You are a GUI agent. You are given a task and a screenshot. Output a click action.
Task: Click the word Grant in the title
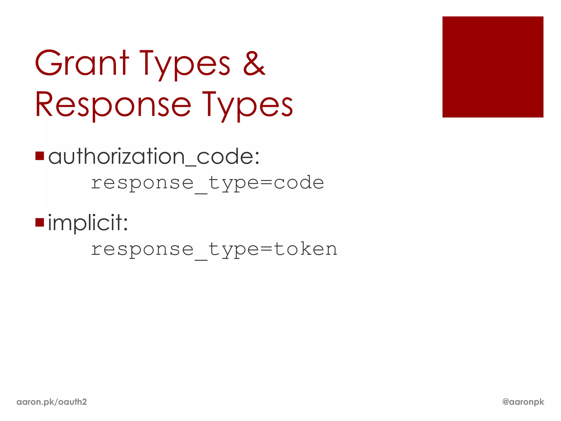click(82, 63)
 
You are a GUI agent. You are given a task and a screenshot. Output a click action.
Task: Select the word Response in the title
click(113, 105)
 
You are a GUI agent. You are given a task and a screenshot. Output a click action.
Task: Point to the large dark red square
click(493, 67)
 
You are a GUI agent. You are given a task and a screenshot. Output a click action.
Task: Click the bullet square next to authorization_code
click(40, 156)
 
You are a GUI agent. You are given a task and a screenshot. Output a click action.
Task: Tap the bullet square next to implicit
click(40, 223)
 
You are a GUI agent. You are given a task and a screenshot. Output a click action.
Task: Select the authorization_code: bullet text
click(154, 157)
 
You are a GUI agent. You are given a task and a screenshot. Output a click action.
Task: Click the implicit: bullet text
click(88, 223)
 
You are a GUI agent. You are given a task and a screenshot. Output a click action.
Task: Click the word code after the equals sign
click(299, 183)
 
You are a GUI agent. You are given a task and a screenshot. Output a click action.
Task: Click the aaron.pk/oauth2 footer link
click(51, 402)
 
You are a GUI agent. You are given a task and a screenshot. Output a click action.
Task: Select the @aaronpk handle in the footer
click(523, 402)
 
